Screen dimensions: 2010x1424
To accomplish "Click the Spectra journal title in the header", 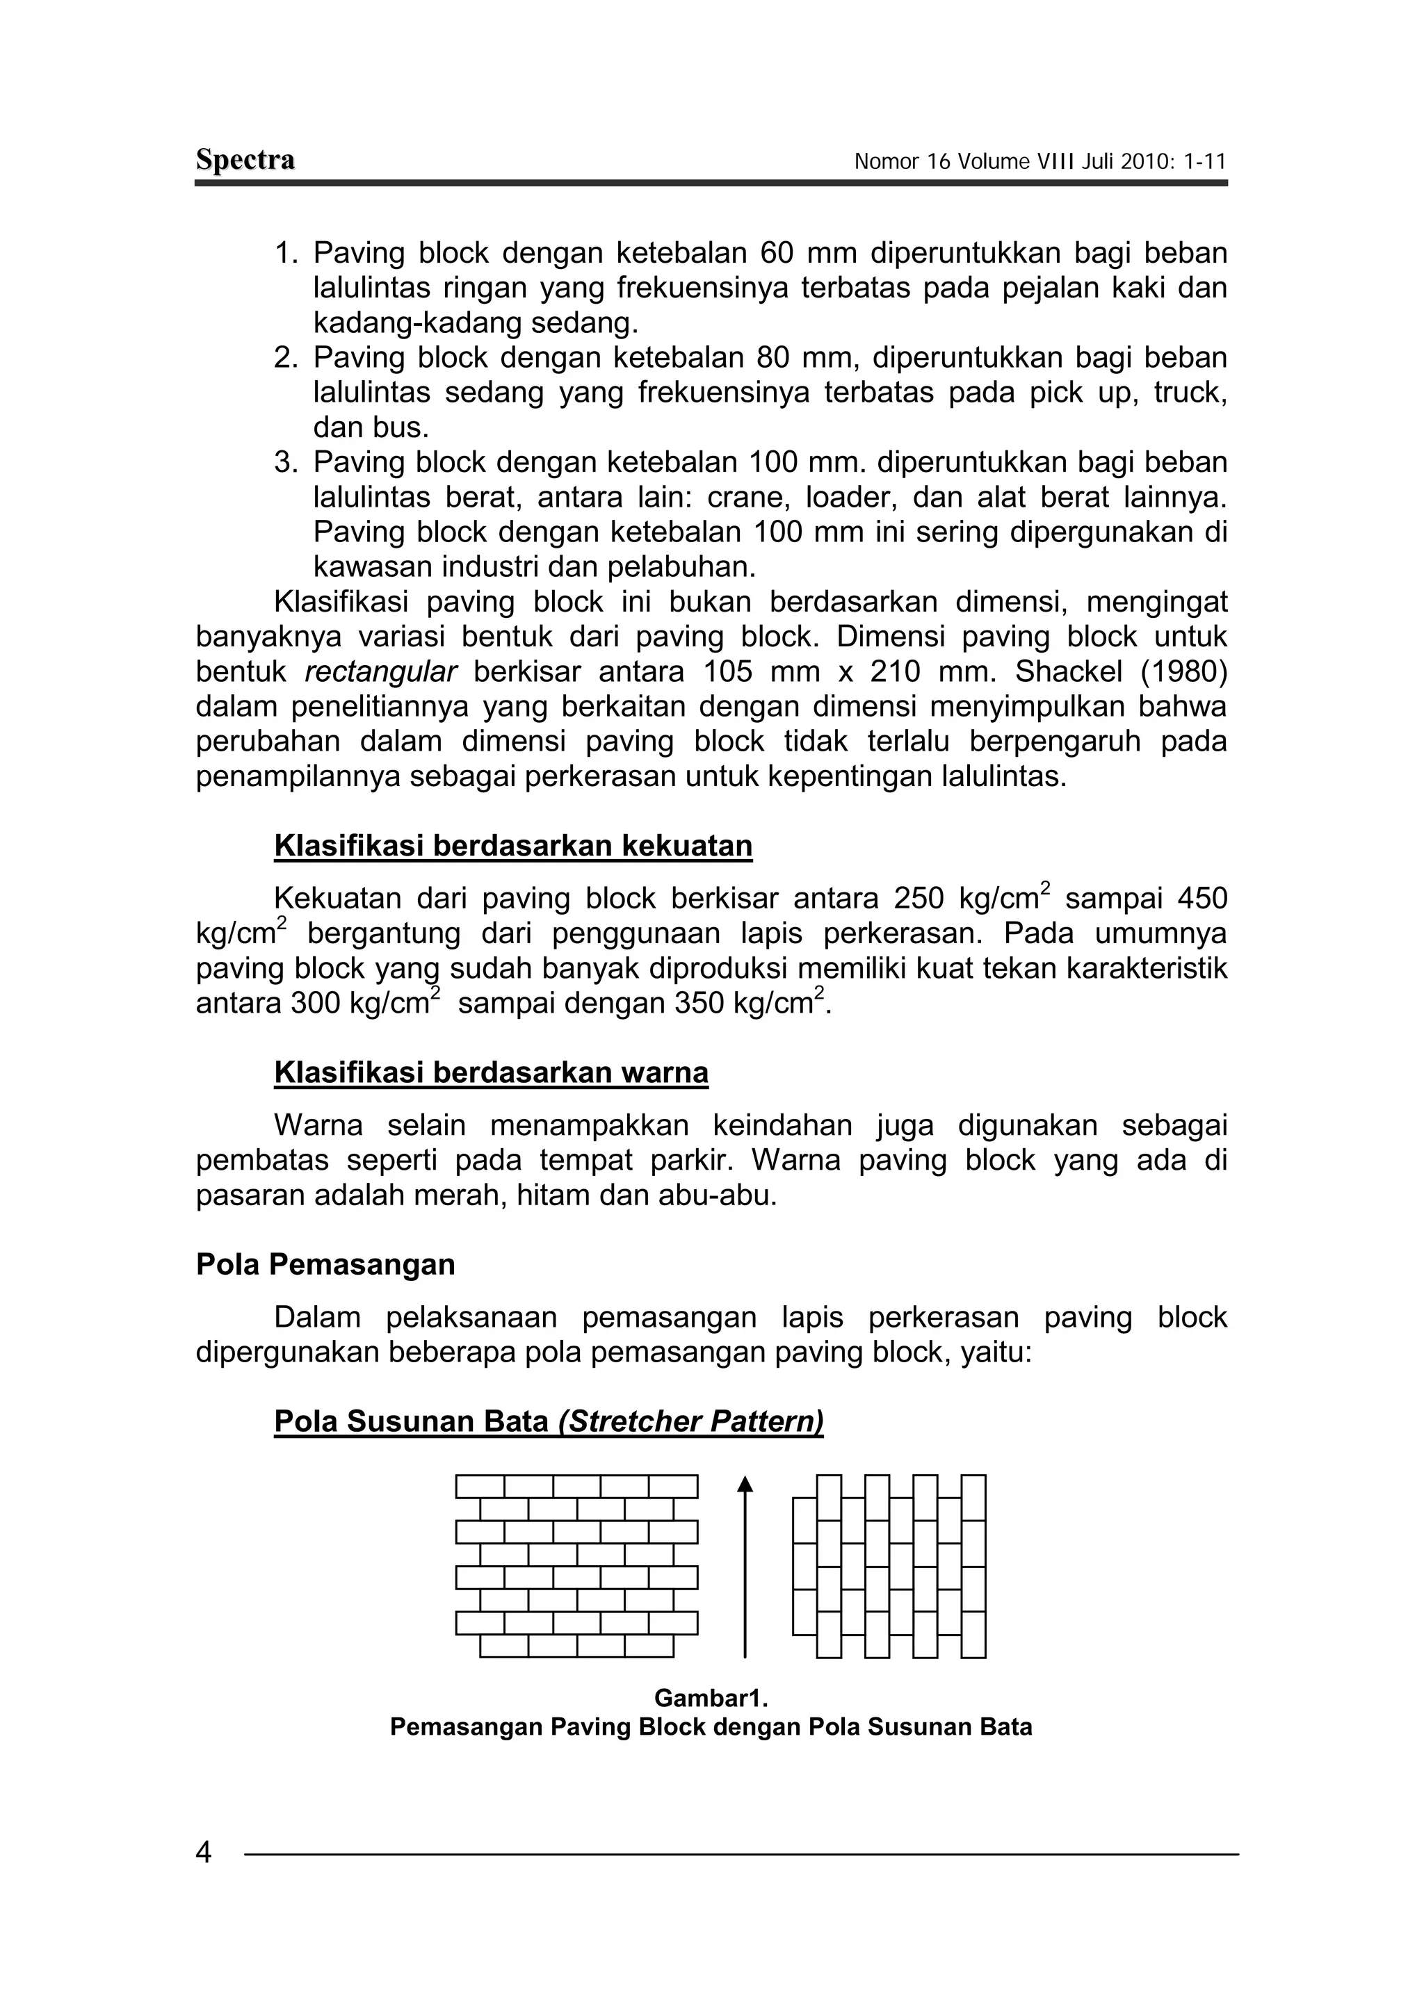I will (x=245, y=161).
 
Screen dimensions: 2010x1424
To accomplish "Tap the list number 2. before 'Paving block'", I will (x=286, y=358).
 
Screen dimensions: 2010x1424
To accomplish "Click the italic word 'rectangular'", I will (x=380, y=672).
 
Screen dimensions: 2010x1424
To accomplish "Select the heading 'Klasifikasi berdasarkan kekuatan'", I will (x=513, y=846).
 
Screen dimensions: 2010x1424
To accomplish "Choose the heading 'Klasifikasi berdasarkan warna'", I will (x=491, y=1073).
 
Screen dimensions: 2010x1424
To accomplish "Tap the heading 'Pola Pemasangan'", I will (x=325, y=1265).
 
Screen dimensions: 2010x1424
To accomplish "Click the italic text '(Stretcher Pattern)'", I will (x=690, y=1422).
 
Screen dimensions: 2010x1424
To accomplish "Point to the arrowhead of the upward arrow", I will (x=745, y=1483).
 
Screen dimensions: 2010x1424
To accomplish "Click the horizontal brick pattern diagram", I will (x=576, y=1566).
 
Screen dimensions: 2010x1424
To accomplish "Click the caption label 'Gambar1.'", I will (x=710, y=1699).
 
